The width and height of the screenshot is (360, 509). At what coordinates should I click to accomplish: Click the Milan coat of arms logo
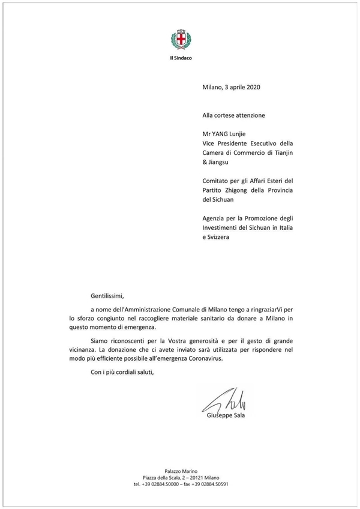click(x=180, y=41)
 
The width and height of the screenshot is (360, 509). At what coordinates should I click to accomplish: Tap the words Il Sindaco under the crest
click(x=180, y=58)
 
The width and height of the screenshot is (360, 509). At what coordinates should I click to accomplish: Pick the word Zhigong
click(x=238, y=190)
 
